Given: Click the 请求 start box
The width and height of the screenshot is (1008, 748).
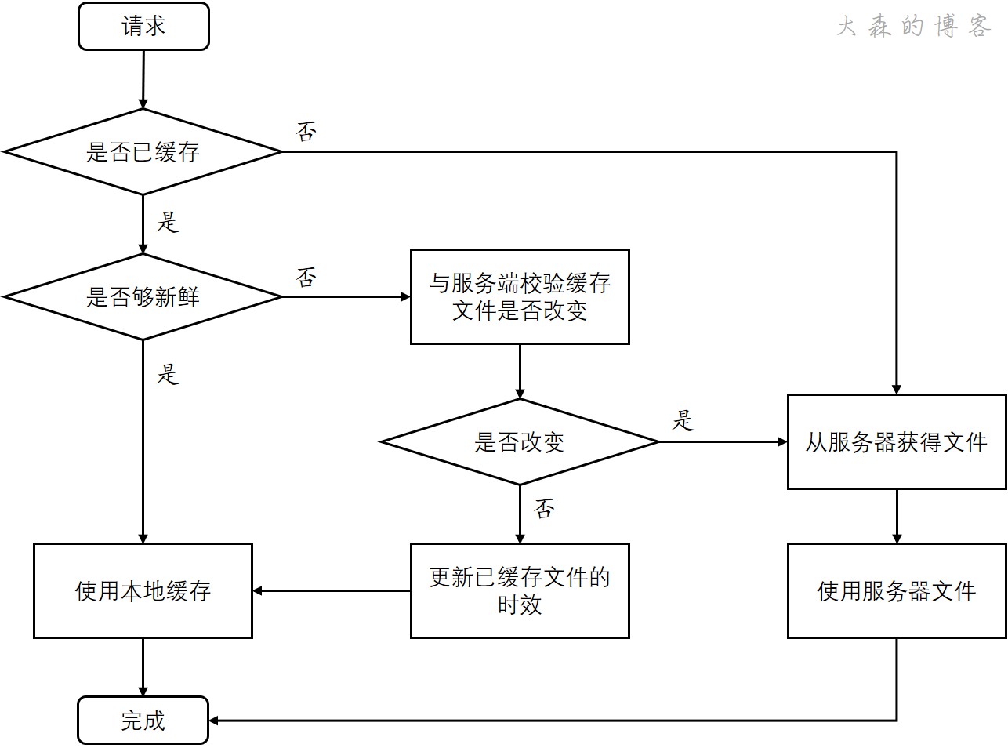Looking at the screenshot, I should (143, 27).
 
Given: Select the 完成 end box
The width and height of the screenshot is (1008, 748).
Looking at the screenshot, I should (143, 720).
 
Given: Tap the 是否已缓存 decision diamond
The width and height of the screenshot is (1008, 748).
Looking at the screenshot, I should (143, 151).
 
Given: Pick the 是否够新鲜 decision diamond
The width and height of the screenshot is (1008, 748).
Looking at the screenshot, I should (143, 297).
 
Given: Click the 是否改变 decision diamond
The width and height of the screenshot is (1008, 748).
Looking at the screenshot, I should (519, 442).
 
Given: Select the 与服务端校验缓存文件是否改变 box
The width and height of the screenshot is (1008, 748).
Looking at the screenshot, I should (520, 297).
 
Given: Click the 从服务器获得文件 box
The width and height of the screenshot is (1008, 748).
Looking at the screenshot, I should (897, 442).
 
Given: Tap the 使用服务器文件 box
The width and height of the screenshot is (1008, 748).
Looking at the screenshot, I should (897, 590).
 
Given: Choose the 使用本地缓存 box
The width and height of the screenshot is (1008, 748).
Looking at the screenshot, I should (143, 590).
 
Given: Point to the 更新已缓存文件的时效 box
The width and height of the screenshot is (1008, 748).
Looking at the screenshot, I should (520, 590).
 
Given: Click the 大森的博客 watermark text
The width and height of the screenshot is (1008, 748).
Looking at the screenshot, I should (913, 27).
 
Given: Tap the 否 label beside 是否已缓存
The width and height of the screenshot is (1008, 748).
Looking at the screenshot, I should (306, 131).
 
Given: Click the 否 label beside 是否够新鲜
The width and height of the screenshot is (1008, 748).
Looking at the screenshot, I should (306, 277).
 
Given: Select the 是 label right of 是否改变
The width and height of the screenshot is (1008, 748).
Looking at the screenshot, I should (683, 421).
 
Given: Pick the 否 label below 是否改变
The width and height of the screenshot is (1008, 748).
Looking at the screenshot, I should (544, 509).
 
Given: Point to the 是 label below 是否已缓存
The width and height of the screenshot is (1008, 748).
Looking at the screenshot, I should (168, 222).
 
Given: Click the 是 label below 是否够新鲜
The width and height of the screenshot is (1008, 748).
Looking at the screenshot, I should (168, 373).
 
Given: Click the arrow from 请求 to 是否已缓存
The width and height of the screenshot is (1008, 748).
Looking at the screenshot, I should (143, 78).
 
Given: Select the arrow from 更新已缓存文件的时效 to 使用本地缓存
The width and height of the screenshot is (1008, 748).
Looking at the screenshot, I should (332, 590).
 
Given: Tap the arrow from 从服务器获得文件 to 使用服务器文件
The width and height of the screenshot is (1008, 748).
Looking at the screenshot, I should (897, 516).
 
